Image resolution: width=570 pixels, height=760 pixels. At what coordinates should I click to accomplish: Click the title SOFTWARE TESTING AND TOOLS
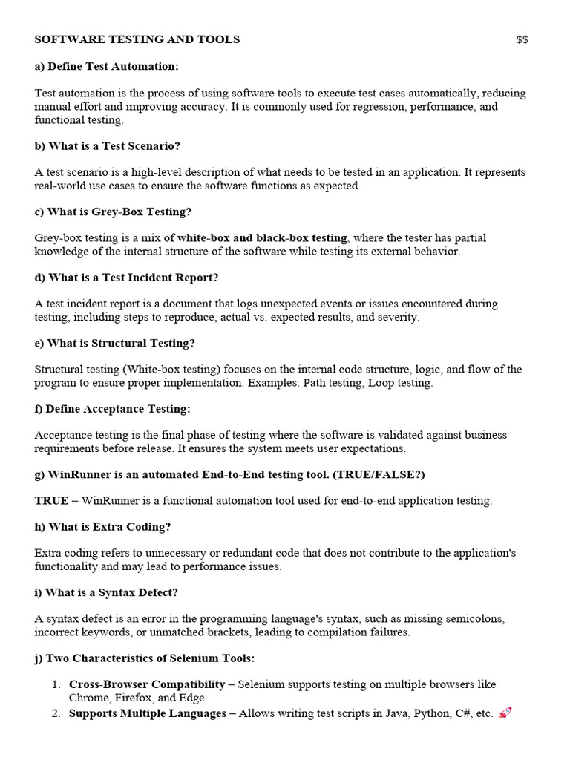tap(137, 39)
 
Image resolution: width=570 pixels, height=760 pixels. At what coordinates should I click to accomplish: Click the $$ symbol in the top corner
tap(522, 39)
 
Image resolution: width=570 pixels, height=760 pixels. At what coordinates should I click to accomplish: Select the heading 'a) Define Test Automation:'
tap(107, 67)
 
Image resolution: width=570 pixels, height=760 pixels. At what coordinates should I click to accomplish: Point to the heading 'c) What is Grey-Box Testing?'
tap(113, 212)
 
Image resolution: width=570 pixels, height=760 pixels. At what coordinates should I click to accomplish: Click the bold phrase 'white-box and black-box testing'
tap(262, 238)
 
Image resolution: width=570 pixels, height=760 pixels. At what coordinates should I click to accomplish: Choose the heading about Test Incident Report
tap(127, 278)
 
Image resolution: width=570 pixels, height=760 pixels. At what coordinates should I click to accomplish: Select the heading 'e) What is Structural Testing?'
tap(115, 343)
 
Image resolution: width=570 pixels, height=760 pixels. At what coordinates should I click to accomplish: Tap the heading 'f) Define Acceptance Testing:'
tap(113, 409)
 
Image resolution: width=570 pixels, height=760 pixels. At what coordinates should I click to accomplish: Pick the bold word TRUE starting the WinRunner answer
tap(51, 501)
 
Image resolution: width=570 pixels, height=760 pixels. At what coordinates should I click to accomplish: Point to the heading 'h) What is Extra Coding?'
tap(103, 527)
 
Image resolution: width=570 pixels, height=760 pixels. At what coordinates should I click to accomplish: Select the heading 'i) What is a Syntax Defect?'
tap(106, 593)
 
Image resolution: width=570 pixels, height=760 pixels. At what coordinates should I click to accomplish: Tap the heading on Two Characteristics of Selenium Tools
tap(145, 658)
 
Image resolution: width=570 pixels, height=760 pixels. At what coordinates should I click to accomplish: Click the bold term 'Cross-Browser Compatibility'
tap(147, 684)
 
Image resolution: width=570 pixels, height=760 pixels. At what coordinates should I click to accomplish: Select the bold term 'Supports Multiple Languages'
tap(148, 713)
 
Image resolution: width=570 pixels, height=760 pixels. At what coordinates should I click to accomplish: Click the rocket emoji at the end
tap(505, 713)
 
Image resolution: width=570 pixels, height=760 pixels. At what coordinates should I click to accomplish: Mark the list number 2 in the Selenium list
tap(56, 713)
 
